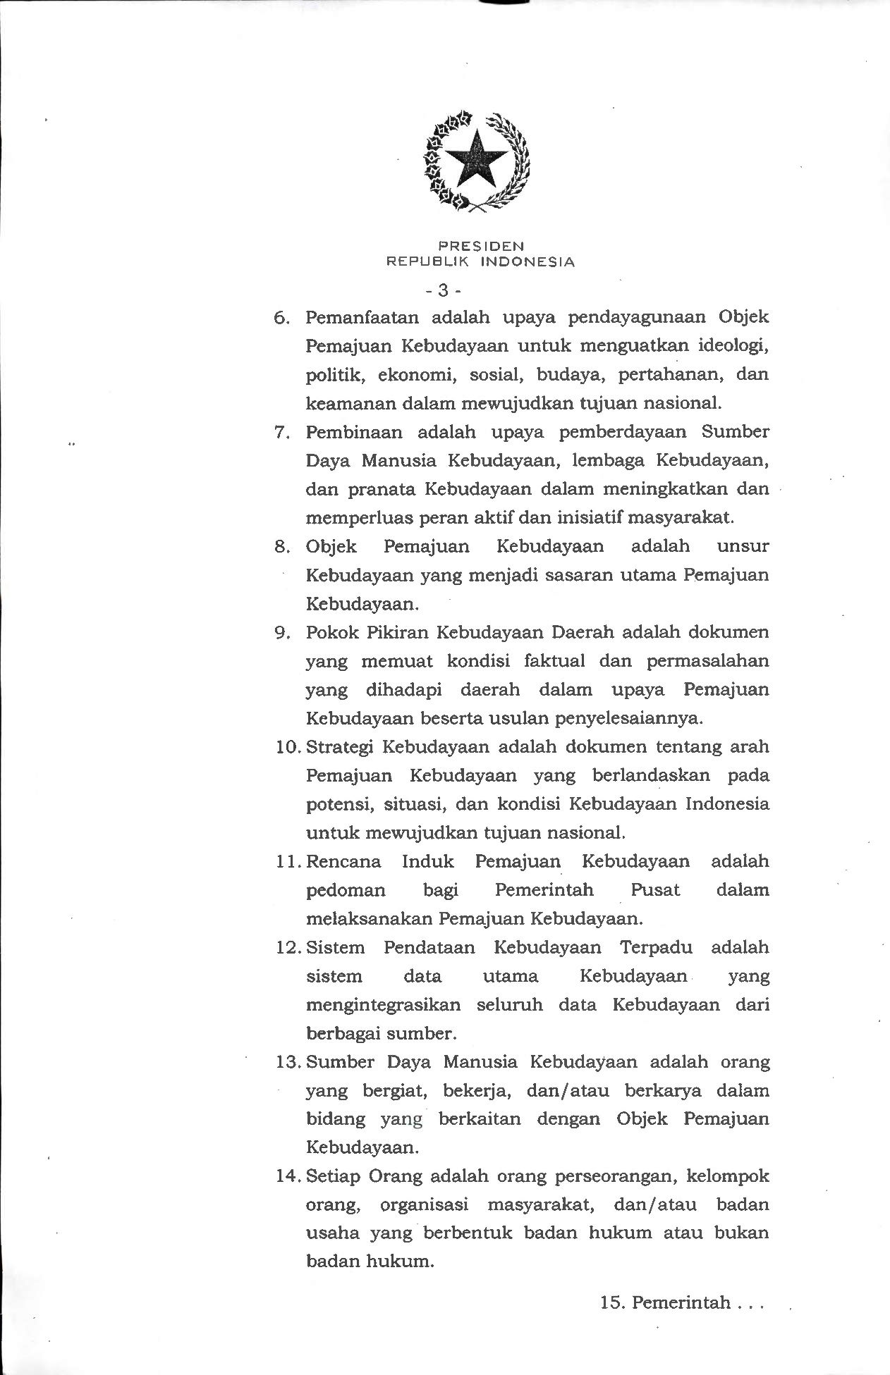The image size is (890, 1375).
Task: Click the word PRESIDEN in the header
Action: point(481,246)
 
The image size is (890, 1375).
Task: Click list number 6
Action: point(281,317)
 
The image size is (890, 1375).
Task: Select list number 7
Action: point(281,432)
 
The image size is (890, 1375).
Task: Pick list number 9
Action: point(281,633)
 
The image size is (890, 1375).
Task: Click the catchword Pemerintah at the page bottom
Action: point(681,1302)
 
